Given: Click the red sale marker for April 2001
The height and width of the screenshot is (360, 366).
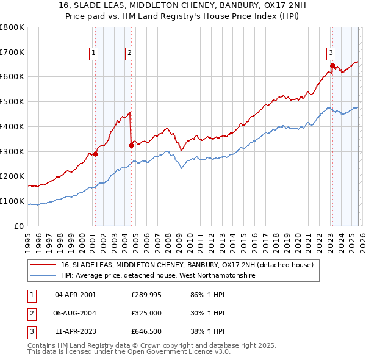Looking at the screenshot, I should (x=95, y=154).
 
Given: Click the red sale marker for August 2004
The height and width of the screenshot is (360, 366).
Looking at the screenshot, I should (x=131, y=145).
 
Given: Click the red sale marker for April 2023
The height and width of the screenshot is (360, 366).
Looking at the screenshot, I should (x=332, y=65).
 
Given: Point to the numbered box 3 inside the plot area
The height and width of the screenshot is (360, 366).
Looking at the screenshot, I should (x=330, y=52).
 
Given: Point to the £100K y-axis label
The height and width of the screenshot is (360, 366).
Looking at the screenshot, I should (x=12, y=201).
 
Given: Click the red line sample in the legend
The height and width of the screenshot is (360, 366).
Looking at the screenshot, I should (x=43, y=265).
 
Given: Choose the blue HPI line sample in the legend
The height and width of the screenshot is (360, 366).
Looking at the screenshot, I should (x=43, y=276).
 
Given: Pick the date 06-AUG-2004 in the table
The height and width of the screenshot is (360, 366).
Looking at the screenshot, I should (x=75, y=313).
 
